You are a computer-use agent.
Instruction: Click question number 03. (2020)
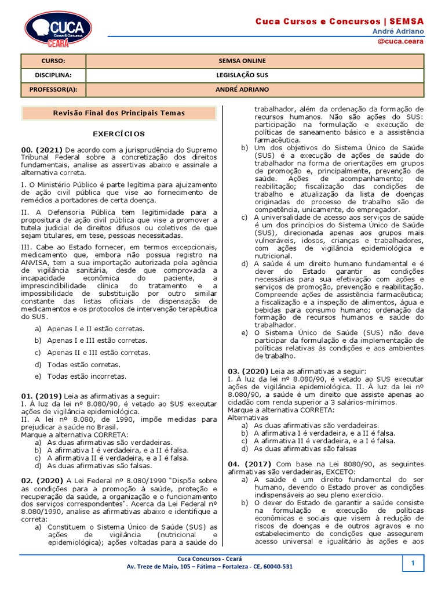[x=247, y=371]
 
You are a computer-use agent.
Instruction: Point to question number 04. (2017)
[x=250, y=464]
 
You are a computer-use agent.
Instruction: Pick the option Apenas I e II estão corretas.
[x=96, y=329]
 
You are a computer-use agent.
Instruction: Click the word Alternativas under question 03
[x=248, y=417]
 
